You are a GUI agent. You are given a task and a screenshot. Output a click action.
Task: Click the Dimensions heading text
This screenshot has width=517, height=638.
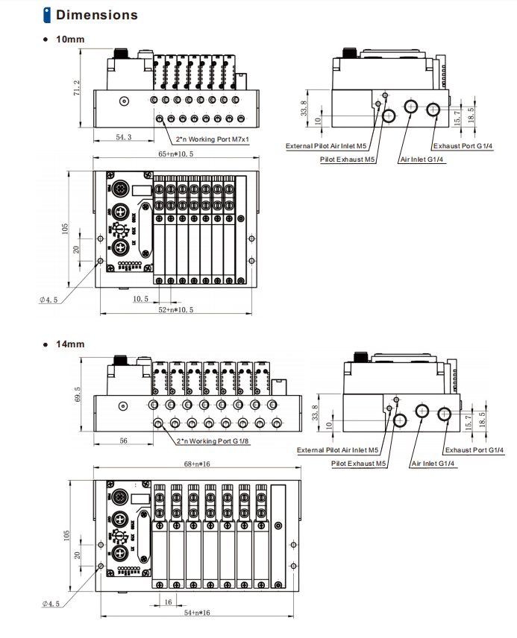point(97,15)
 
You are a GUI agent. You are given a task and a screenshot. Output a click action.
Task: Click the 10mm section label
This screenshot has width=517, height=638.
point(71,39)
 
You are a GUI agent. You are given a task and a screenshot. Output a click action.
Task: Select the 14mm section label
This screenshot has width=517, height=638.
point(71,344)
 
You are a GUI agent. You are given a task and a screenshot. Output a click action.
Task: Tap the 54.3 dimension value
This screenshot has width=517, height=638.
point(124,138)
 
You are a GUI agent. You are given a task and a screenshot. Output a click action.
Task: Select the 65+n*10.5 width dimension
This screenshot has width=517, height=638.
point(175,154)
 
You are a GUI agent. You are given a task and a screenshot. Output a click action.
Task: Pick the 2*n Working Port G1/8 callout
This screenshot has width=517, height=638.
point(212,441)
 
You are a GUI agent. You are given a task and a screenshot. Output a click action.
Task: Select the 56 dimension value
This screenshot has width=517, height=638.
point(124,441)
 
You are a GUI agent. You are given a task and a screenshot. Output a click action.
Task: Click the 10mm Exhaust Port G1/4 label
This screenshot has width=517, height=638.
point(463,145)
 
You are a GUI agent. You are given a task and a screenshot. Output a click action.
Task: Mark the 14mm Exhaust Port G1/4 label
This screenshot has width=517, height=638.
point(474,450)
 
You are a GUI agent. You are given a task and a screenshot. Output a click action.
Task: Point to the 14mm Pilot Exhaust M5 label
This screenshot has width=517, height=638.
point(359,464)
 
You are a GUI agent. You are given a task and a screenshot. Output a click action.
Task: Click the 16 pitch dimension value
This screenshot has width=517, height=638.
point(168,601)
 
